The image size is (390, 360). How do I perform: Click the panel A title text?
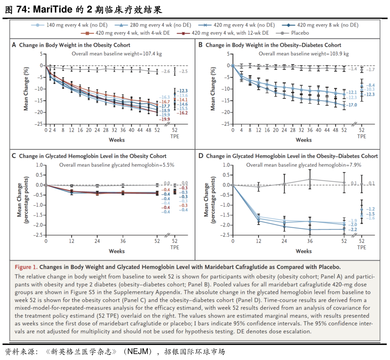point(74,45)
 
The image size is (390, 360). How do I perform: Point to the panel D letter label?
point(200,156)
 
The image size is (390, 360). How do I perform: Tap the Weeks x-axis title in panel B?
point(303,140)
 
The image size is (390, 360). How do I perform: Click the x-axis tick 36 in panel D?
point(310,240)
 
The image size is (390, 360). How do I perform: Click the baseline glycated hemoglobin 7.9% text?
point(303,165)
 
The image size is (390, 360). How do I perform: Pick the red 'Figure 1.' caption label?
point(26,267)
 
